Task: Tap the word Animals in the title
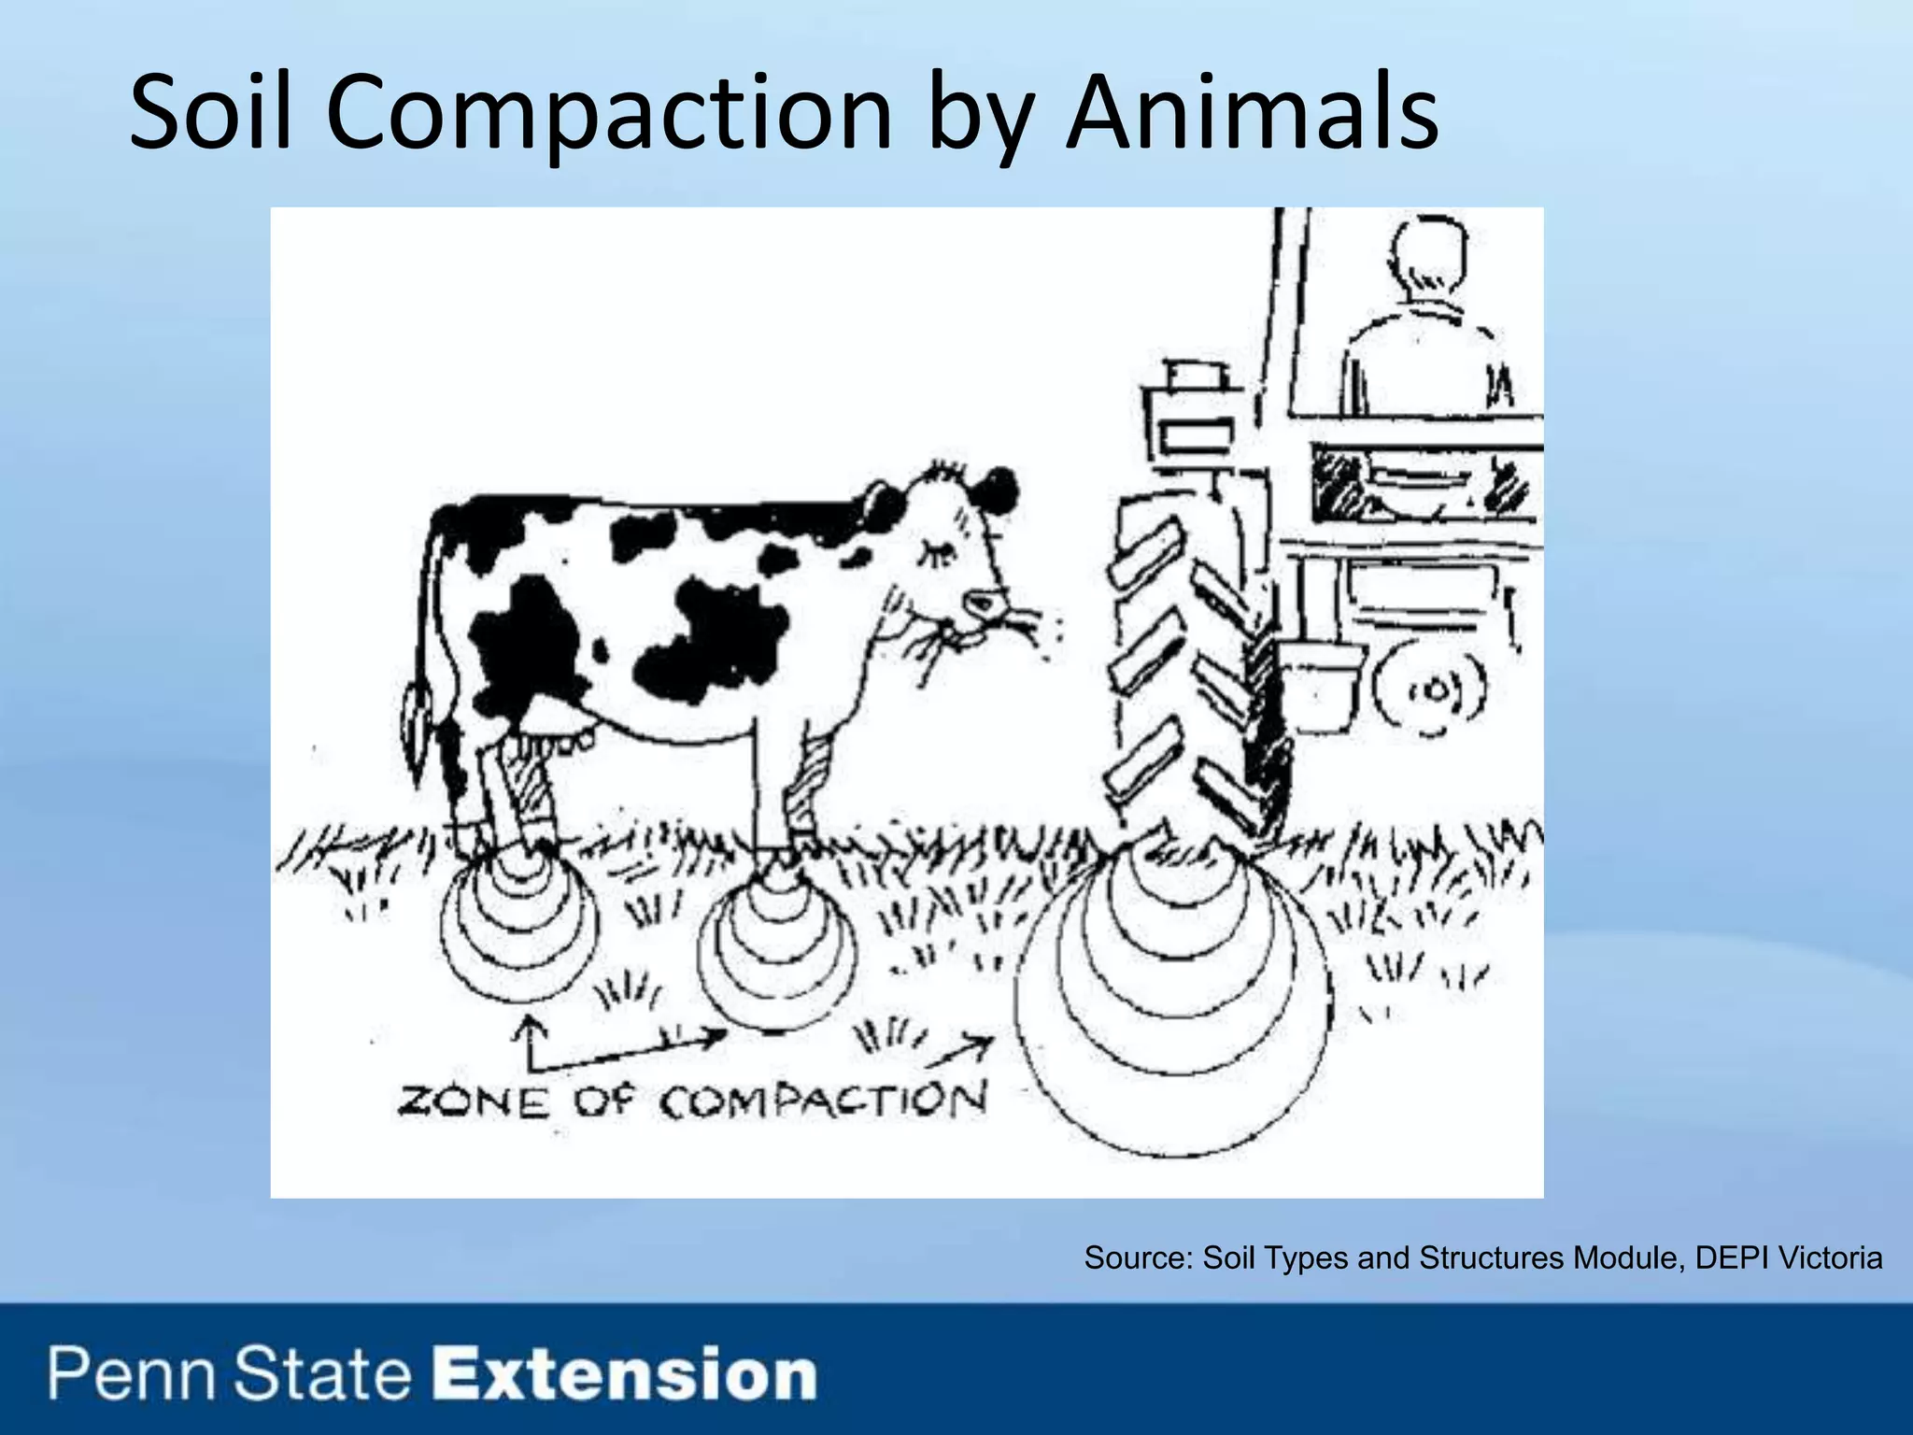pyautogui.click(x=1252, y=114)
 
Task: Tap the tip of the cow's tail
pyautogui.click(x=417, y=715)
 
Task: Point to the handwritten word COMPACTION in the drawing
pyautogui.click(x=822, y=1102)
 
